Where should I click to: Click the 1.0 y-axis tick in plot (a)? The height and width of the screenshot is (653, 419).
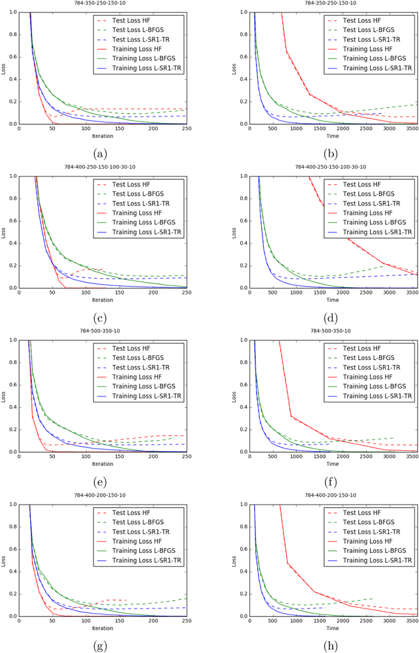click(x=12, y=12)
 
